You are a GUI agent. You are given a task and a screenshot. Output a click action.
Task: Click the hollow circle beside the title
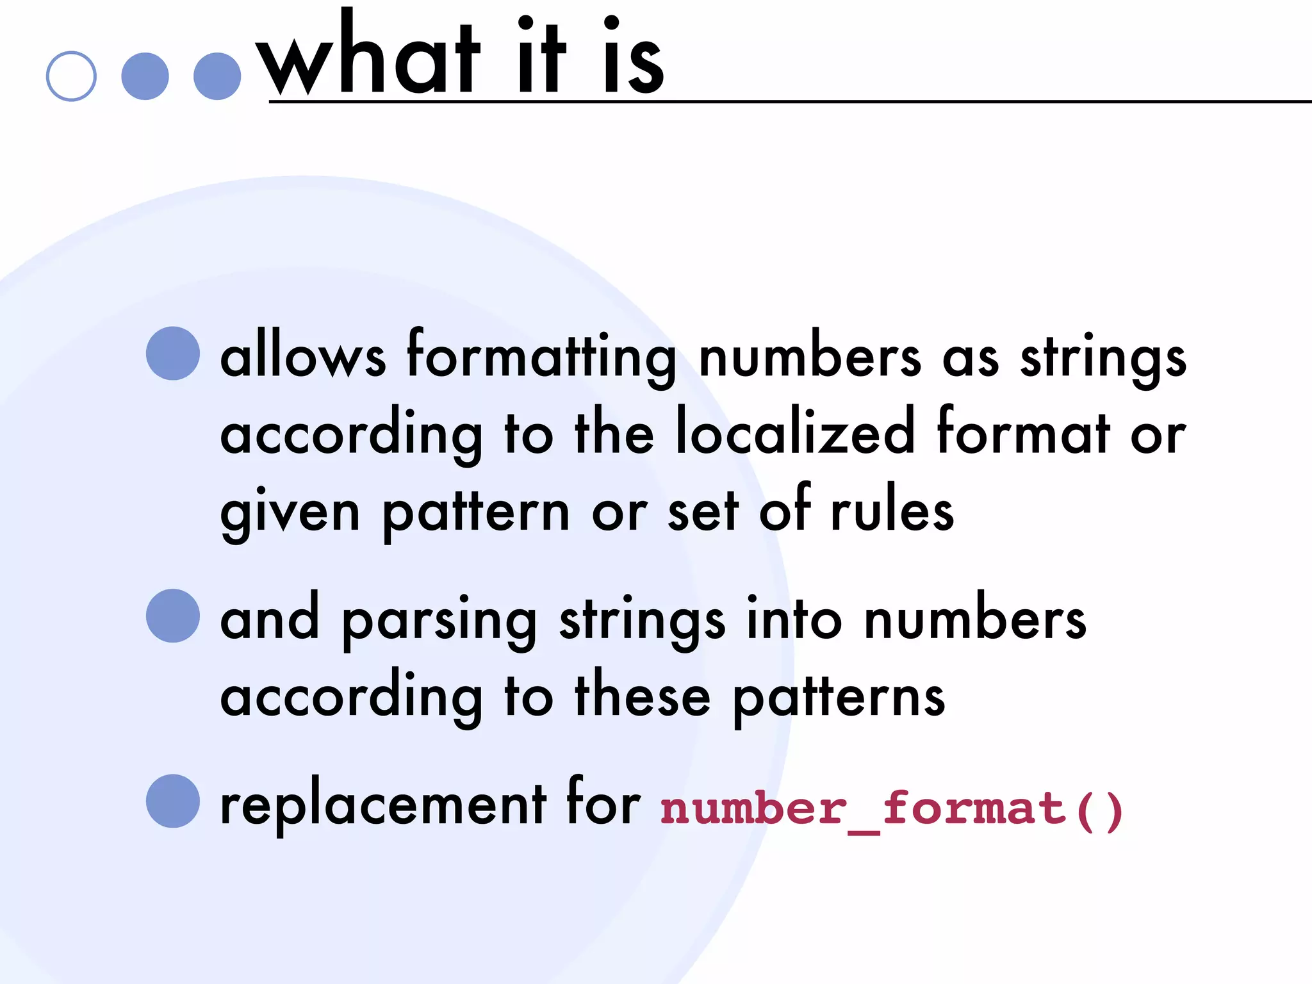pyautogui.click(x=71, y=76)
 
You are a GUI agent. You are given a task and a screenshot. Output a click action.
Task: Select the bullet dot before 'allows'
pyautogui.click(x=173, y=354)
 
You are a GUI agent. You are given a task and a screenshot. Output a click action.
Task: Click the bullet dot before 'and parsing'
pyautogui.click(x=173, y=616)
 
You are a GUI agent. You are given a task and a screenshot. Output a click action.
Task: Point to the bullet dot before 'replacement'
pyautogui.click(x=173, y=801)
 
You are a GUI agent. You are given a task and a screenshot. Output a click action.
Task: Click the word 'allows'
pyautogui.click(x=303, y=357)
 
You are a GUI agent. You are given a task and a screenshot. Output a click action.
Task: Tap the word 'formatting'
pyautogui.click(x=541, y=357)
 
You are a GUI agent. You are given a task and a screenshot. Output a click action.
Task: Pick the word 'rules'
pyautogui.click(x=892, y=511)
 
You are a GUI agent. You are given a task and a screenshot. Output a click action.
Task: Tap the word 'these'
pyautogui.click(x=643, y=696)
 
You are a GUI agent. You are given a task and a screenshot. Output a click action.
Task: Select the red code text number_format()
pyautogui.click(x=891, y=810)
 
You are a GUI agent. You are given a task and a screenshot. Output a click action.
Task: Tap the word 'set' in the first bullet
pyautogui.click(x=703, y=512)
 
